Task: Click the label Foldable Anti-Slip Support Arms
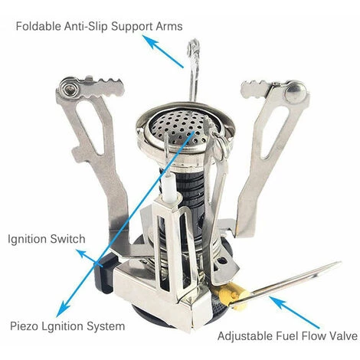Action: click(99, 26)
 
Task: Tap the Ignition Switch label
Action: click(47, 239)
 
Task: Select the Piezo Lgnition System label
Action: click(67, 326)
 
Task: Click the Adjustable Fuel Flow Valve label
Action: click(287, 336)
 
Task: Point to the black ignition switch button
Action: click(104, 274)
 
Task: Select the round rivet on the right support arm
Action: click(296, 92)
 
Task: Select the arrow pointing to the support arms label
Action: click(162, 51)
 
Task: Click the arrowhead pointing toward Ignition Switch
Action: click(82, 254)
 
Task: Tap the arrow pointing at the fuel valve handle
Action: click(294, 312)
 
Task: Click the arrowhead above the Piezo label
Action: click(61, 309)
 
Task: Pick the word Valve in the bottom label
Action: click(344, 336)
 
